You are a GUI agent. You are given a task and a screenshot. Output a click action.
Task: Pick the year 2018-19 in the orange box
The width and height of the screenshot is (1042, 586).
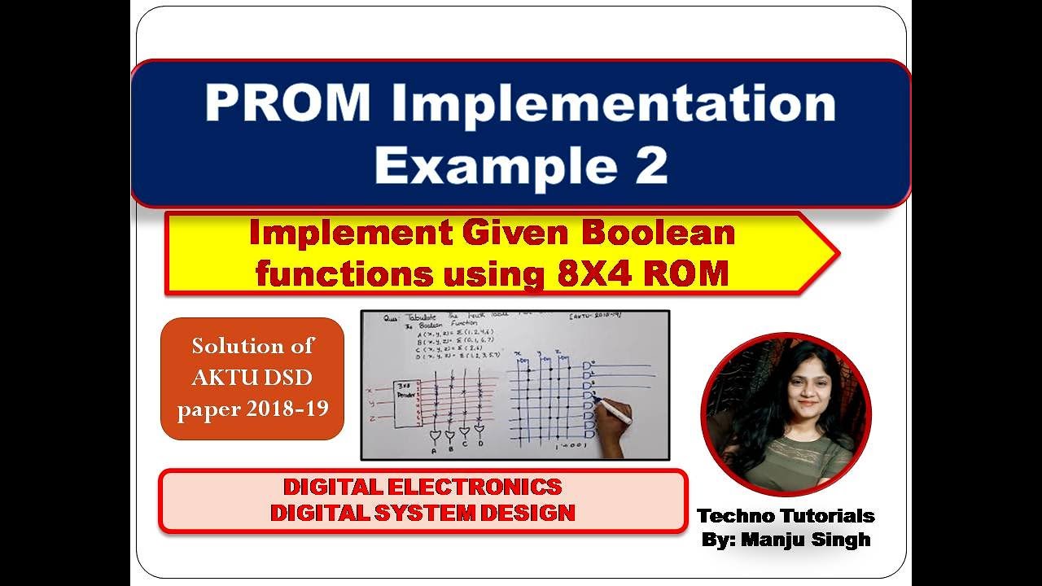pos(286,408)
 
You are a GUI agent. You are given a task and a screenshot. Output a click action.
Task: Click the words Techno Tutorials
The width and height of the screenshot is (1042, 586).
pos(786,515)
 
